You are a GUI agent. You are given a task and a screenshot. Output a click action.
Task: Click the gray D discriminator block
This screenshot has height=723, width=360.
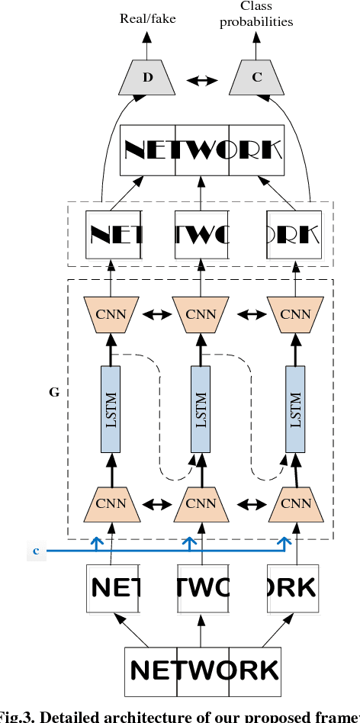coord(147,78)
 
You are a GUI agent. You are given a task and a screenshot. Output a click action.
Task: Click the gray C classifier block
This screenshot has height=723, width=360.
coord(256,78)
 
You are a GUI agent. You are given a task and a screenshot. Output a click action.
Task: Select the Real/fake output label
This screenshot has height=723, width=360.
coord(147,18)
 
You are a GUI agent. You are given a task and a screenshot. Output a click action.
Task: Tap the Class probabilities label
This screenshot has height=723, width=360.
coord(256,14)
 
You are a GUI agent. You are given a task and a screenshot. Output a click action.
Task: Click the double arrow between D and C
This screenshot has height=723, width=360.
coord(202,79)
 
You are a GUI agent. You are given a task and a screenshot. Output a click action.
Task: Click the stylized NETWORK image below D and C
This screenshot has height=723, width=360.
coord(202,149)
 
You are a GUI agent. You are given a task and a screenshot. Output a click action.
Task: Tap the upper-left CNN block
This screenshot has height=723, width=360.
coord(111,313)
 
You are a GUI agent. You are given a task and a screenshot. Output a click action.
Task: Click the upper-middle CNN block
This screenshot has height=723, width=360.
coord(201,313)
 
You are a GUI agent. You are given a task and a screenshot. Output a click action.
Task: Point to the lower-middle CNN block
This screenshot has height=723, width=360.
coord(201,503)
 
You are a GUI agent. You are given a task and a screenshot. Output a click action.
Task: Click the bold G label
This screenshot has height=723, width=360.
coord(54,393)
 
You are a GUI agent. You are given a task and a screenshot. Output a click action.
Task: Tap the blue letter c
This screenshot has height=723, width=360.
coord(36,549)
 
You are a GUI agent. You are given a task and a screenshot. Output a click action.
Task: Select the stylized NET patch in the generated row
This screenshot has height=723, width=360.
coord(113,233)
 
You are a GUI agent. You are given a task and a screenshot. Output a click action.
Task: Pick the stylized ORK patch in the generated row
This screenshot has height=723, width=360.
coord(293,233)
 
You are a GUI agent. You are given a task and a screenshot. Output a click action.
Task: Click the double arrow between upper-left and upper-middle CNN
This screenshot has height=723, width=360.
coord(156,313)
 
